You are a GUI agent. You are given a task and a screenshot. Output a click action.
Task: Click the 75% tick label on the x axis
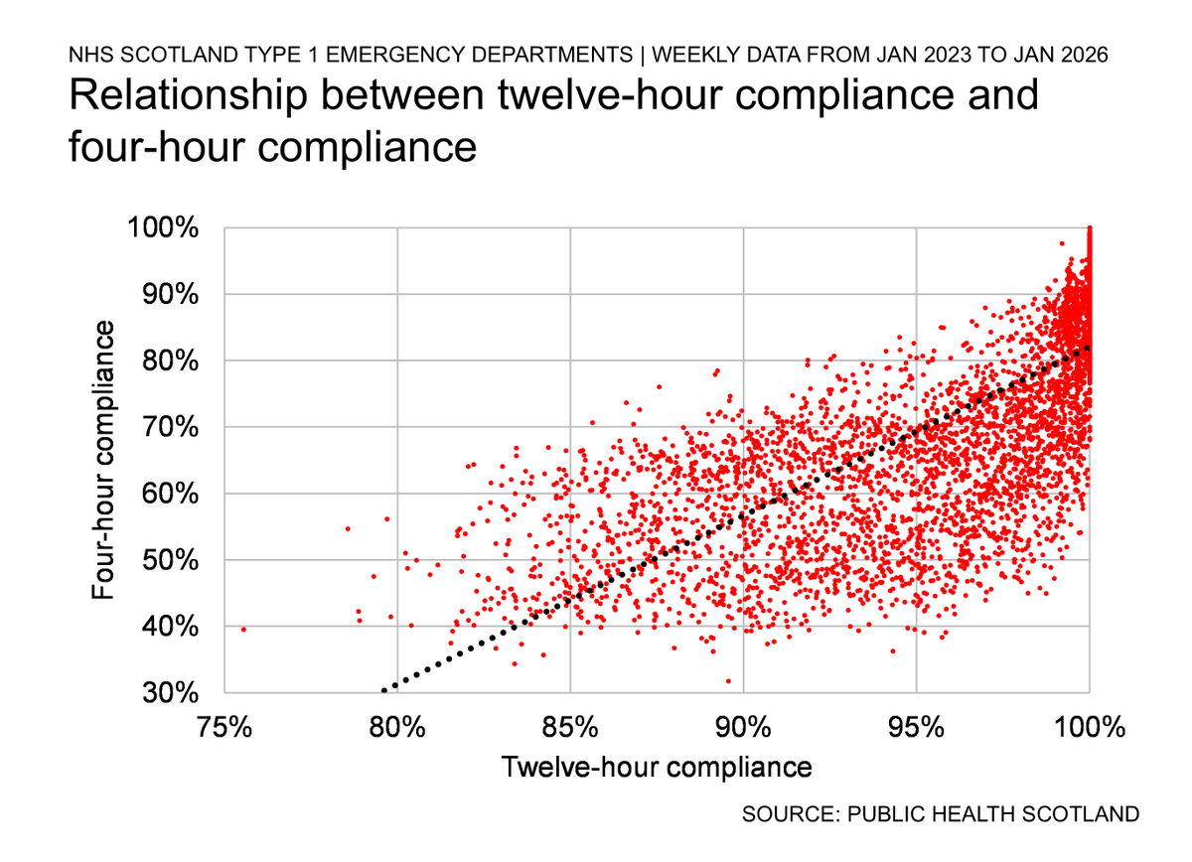pos(224,728)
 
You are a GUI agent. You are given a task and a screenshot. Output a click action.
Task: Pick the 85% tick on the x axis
pos(570,728)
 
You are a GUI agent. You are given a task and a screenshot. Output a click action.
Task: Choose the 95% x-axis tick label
pos(916,728)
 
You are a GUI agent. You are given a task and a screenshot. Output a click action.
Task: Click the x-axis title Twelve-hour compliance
pos(656,768)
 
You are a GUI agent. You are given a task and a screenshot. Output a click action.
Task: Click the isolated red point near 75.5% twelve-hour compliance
pos(243,629)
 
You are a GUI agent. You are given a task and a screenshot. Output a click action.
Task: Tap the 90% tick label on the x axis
pos(743,728)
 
